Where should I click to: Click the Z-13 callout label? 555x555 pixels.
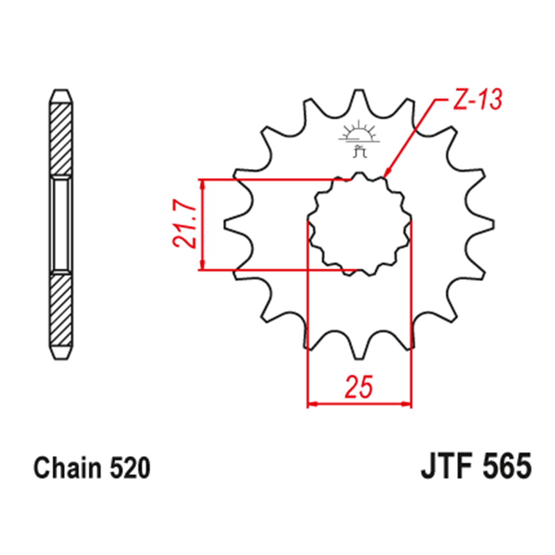[x=477, y=99]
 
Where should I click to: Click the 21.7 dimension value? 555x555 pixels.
[x=184, y=225]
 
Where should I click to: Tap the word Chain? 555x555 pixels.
[x=67, y=468]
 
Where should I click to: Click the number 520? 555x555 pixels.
[x=130, y=468]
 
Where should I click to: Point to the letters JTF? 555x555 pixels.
[x=447, y=466]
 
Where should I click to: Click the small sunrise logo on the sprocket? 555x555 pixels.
[x=359, y=138]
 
